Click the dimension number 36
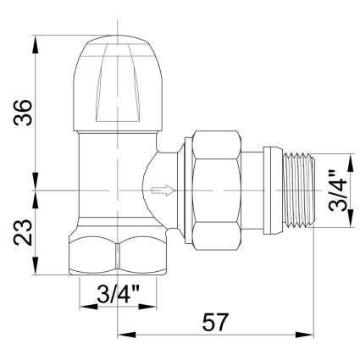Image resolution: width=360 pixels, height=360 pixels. pos(23,112)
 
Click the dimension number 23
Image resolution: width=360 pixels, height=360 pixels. pos(23,232)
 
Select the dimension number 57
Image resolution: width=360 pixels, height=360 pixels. pos(214,322)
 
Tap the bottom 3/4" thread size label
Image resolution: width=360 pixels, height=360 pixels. pos(118,294)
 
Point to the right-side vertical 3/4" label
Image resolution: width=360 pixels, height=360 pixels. pos(338,191)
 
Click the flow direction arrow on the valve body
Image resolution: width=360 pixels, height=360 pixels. pos(163,191)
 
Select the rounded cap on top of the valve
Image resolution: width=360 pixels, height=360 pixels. pos(118,83)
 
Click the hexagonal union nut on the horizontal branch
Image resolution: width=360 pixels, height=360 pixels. pos(217,191)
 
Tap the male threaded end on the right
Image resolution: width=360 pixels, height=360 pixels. pos(299,191)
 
